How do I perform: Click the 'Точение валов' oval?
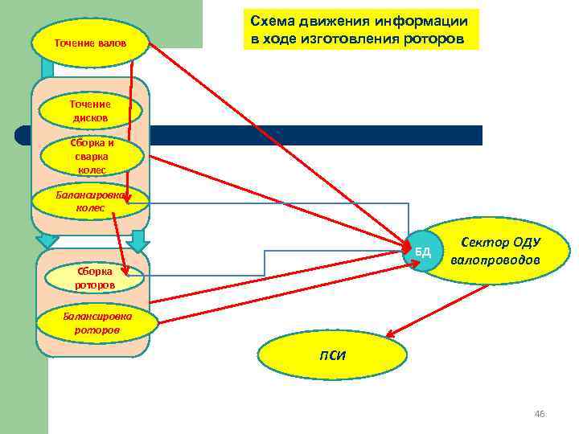pyautogui.click(x=90, y=42)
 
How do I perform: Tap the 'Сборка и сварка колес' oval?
pyautogui.click(x=92, y=157)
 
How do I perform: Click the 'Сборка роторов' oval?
pyautogui.click(x=95, y=277)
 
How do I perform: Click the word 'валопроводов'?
pyautogui.click(x=495, y=260)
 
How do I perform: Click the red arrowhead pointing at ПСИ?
pyautogui.click(x=389, y=334)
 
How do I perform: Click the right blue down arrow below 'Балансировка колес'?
pyautogui.click(x=138, y=240)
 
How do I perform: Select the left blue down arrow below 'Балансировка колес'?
pyautogui.click(x=48, y=240)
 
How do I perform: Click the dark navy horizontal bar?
pyautogui.click(x=322, y=135)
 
